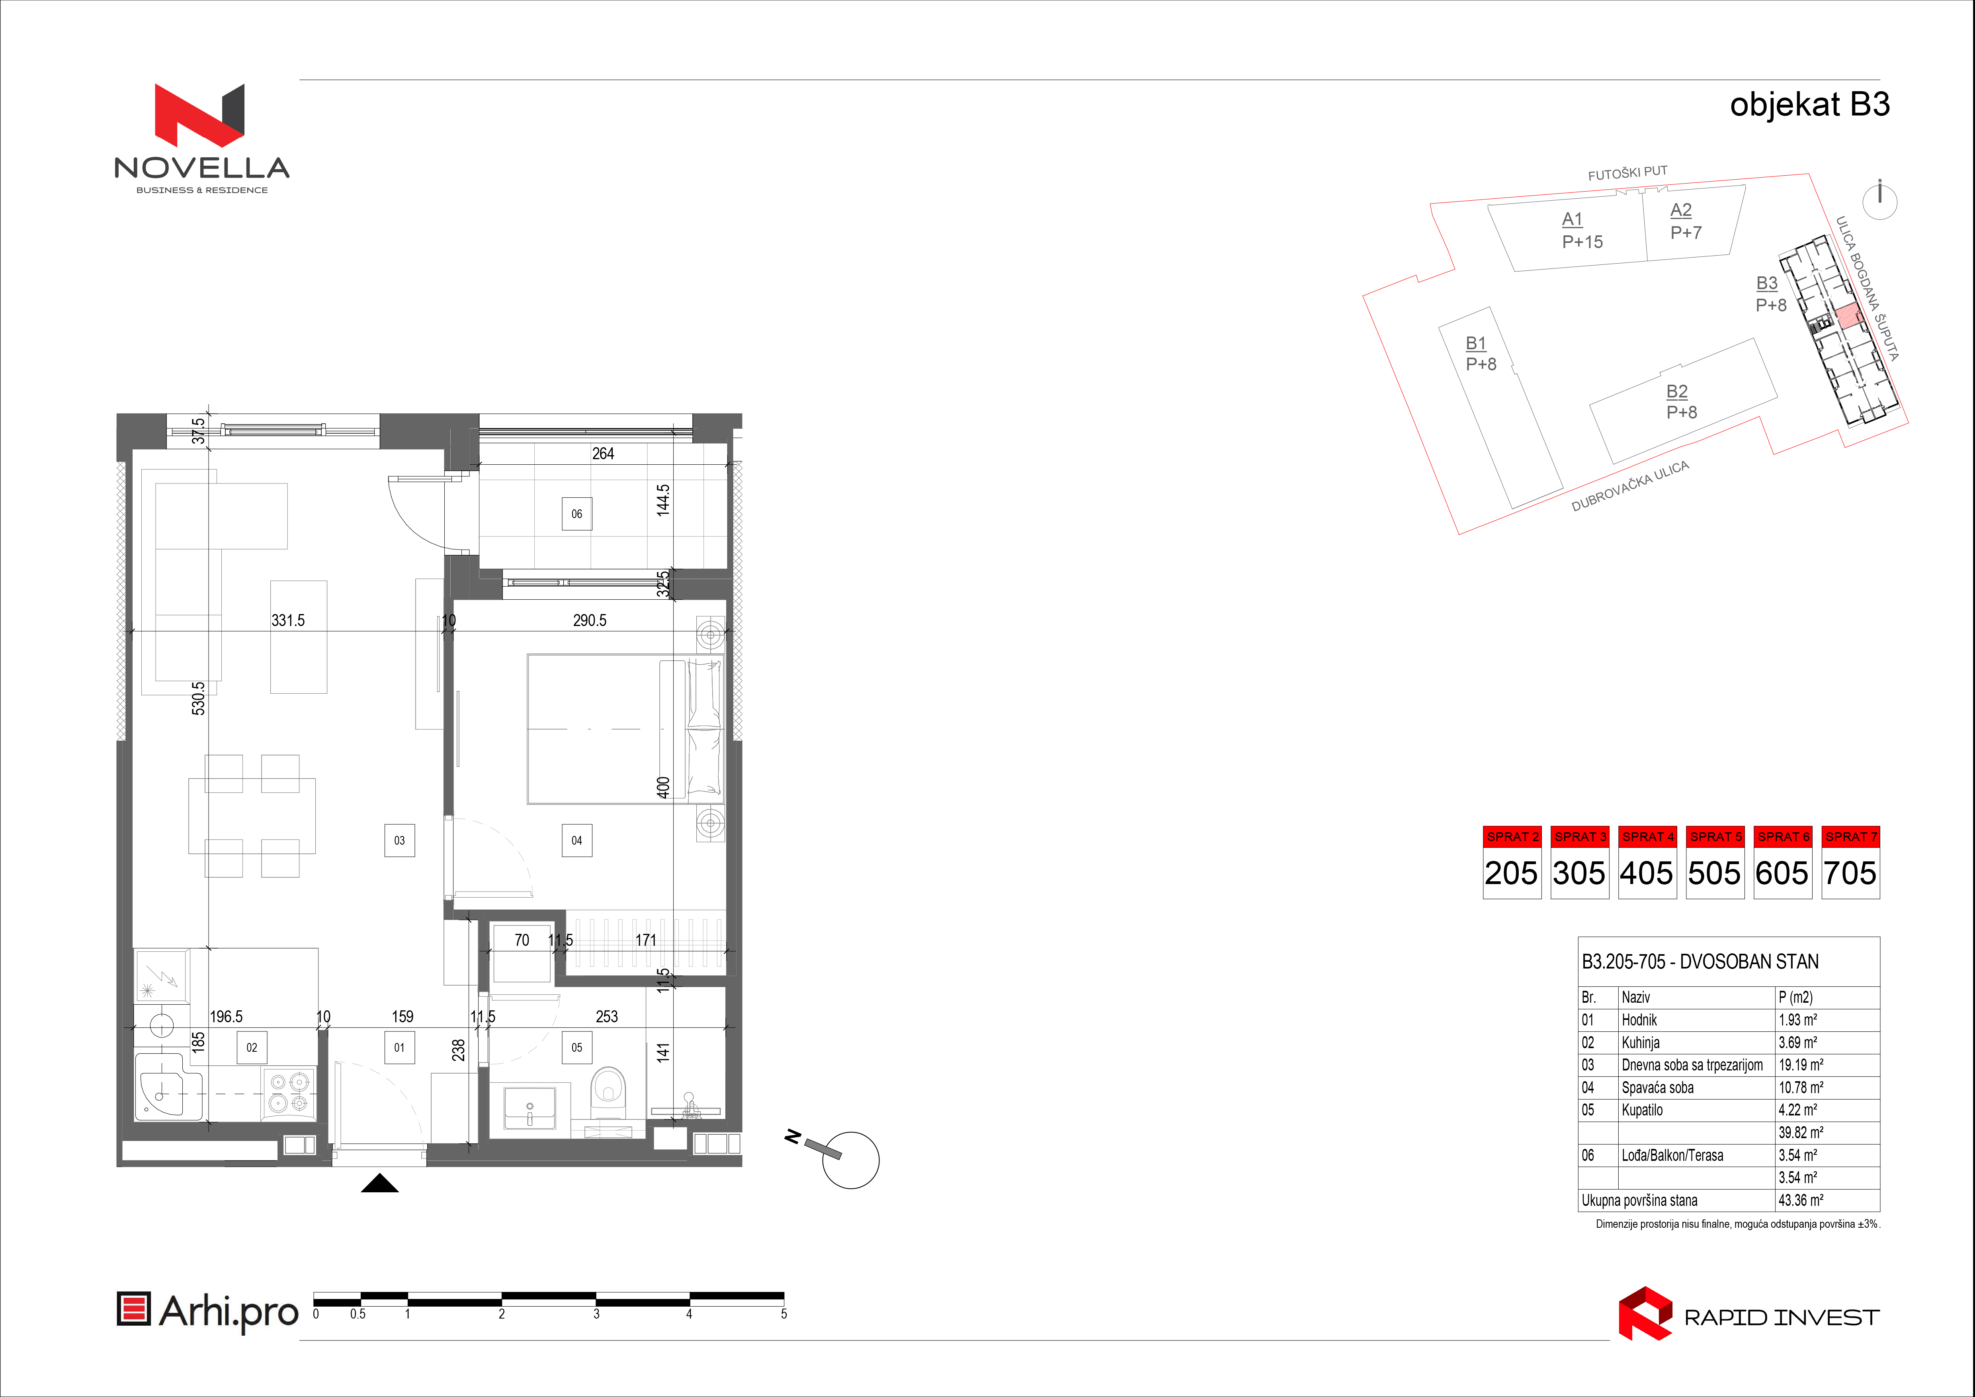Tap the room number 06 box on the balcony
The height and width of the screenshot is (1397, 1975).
coord(576,514)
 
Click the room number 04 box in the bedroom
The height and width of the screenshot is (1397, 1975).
coord(576,840)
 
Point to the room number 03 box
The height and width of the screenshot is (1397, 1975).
coord(399,840)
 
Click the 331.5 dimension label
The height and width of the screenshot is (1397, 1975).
coord(288,620)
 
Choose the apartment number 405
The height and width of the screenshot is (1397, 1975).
coord(1647,873)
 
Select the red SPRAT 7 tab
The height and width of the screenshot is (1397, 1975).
coord(1851,836)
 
